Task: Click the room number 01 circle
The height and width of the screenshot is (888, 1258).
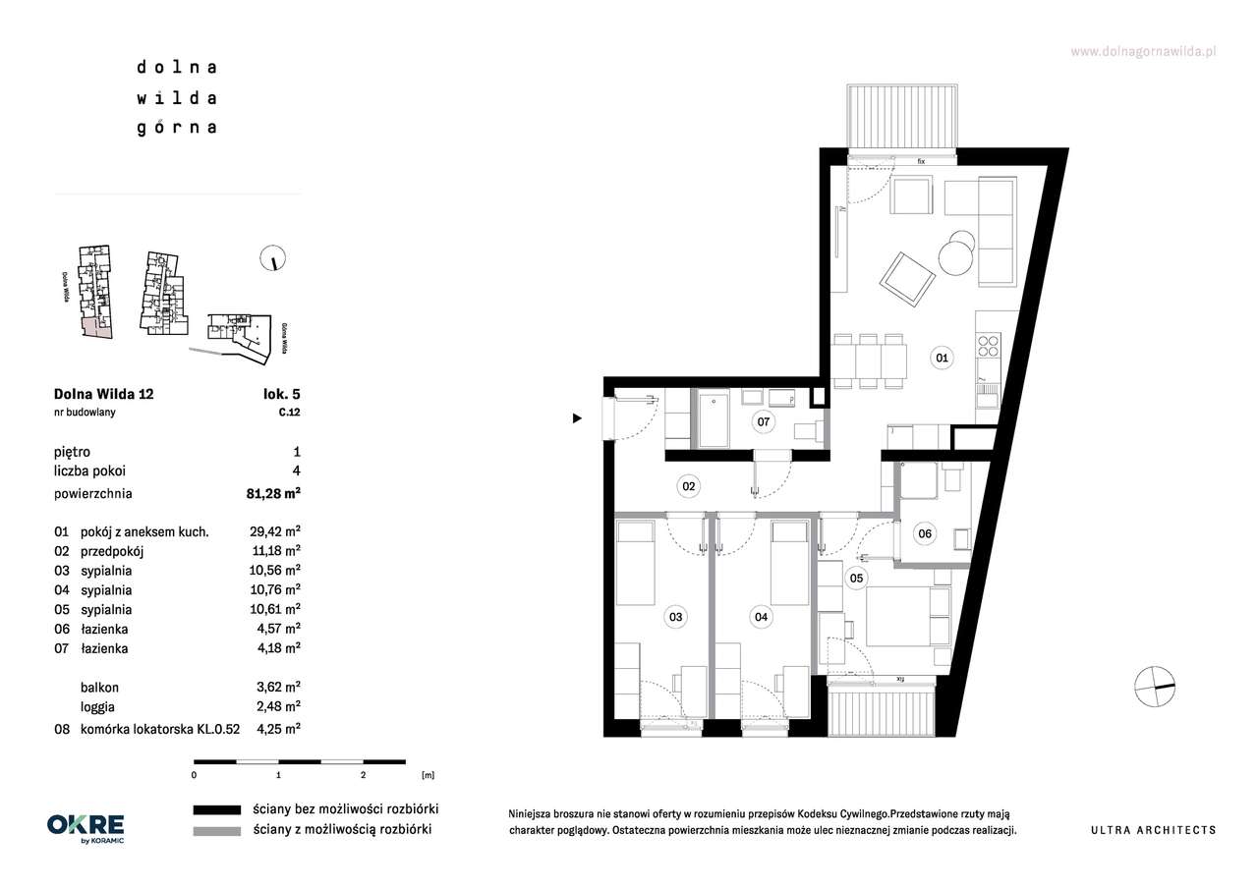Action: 942,358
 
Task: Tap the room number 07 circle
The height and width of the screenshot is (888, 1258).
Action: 764,421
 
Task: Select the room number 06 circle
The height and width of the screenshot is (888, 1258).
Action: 925,533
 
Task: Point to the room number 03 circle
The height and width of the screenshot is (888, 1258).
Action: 675,617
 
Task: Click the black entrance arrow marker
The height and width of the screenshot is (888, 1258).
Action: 577,418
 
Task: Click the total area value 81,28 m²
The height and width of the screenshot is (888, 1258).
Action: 273,493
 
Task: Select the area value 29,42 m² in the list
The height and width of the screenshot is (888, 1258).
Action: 274,531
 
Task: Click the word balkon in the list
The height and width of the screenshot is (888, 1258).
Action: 99,687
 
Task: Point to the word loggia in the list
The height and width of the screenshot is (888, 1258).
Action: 97,706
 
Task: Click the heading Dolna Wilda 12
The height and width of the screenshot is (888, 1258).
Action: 103,394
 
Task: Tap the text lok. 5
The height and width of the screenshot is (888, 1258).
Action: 282,394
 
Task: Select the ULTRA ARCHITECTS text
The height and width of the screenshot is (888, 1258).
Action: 1154,830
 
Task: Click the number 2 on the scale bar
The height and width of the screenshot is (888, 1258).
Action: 363,775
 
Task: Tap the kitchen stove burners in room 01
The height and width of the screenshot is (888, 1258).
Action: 988,346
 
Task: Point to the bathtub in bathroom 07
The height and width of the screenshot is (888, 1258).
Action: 714,419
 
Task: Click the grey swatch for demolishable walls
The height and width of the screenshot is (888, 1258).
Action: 217,831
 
